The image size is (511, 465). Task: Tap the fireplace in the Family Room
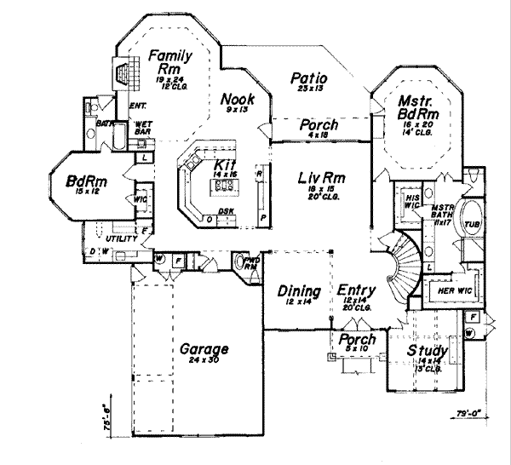click(125, 72)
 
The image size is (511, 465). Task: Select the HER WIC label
click(451, 290)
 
